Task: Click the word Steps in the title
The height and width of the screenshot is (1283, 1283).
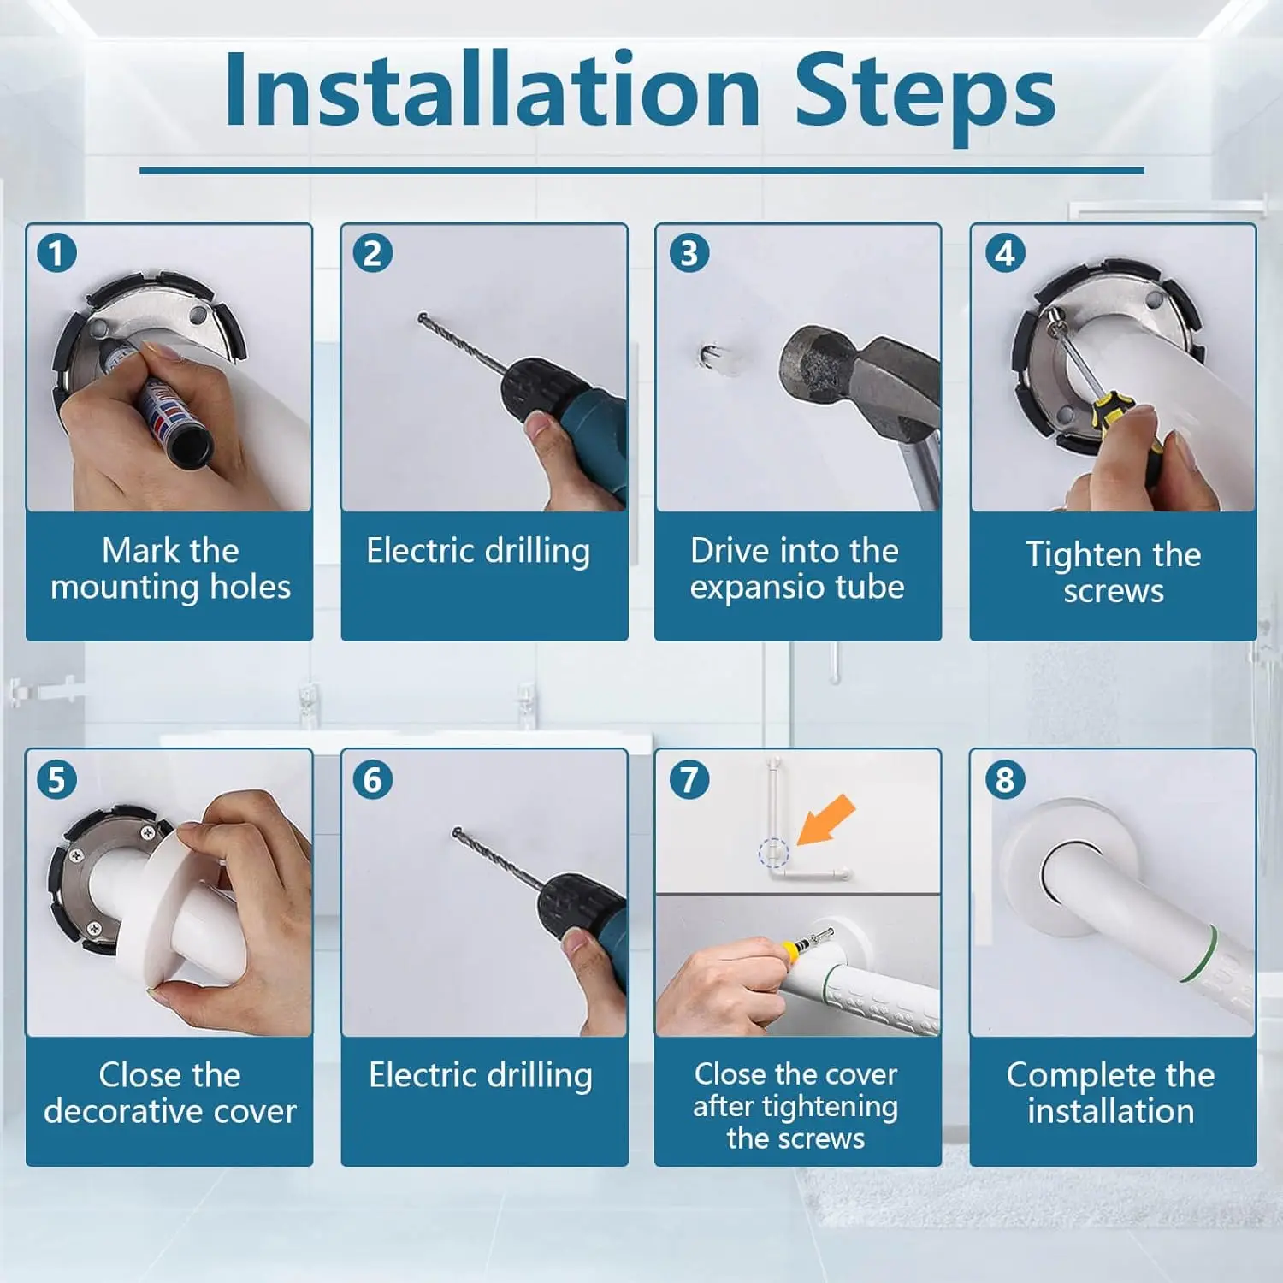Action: (925, 94)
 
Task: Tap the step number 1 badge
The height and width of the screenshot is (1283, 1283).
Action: (57, 253)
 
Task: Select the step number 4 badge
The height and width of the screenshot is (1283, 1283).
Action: (1005, 253)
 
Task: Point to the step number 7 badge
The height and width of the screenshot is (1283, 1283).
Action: (689, 779)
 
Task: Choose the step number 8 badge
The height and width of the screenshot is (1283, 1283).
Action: (1005, 779)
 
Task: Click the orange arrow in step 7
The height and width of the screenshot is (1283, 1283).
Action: (825, 819)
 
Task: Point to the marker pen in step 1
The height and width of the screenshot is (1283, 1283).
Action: (158, 402)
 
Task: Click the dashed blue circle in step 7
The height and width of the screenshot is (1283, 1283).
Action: (773, 853)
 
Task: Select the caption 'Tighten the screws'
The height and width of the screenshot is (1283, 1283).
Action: (1113, 572)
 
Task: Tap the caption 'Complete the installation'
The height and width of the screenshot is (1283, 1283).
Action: (1110, 1092)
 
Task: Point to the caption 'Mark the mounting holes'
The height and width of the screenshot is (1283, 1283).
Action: (170, 569)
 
